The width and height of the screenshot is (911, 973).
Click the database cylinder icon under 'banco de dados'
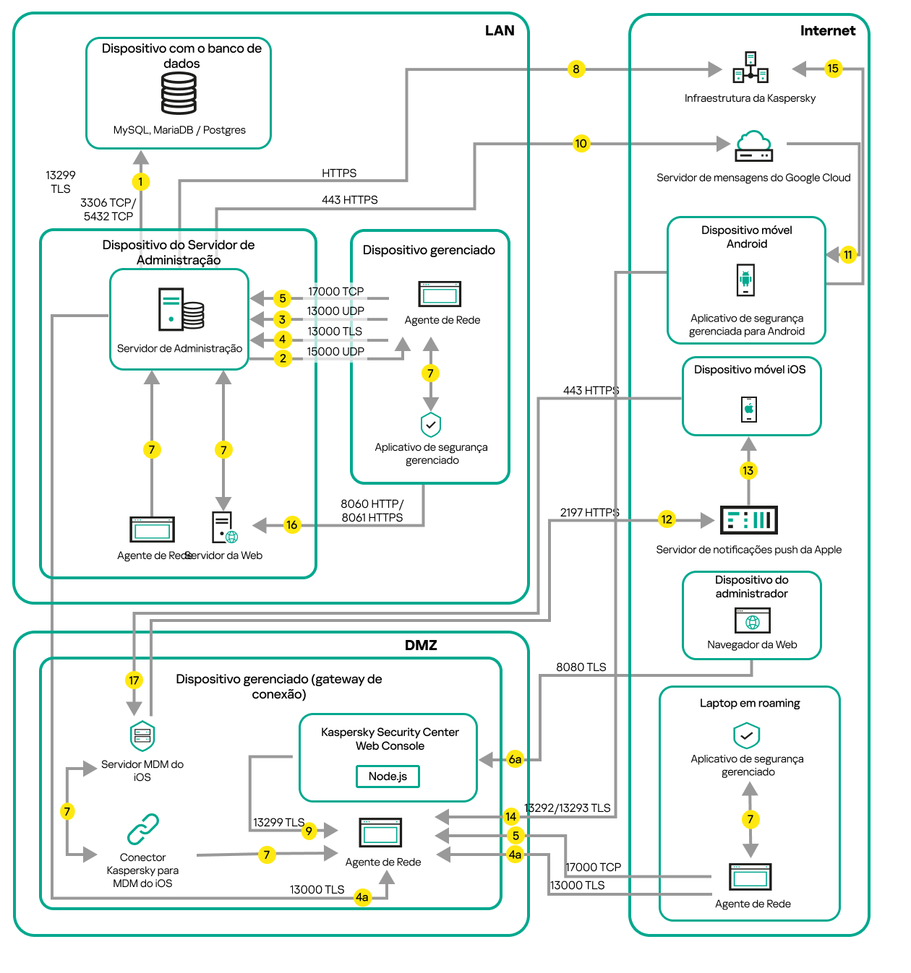(179, 94)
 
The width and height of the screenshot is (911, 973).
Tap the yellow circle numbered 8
(576, 69)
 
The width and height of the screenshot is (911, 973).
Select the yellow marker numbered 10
(581, 143)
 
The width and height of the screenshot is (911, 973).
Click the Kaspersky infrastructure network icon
(750, 68)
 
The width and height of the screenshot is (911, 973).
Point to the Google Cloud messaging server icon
(754, 146)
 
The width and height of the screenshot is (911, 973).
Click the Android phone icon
(745, 280)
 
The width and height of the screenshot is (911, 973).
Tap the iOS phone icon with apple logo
(749, 409)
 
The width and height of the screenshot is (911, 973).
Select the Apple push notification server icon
(749, 519)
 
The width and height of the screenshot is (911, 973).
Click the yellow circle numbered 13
(748, 471)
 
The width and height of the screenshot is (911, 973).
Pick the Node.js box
(388, 776)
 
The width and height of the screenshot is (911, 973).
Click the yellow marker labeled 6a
(515, 759)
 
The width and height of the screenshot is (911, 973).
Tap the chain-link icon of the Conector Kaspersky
(143, 829)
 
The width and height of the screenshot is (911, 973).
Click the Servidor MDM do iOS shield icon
(142, 736)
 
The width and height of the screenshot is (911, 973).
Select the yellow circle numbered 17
(134, 680)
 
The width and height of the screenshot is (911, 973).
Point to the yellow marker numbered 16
(291, 525)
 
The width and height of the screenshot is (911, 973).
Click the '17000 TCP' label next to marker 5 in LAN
(335, 292)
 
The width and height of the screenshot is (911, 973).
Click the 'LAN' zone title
(500, 30)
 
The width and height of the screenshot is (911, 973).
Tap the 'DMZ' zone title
(421, 645)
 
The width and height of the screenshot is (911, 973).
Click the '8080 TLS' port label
(581, 667)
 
